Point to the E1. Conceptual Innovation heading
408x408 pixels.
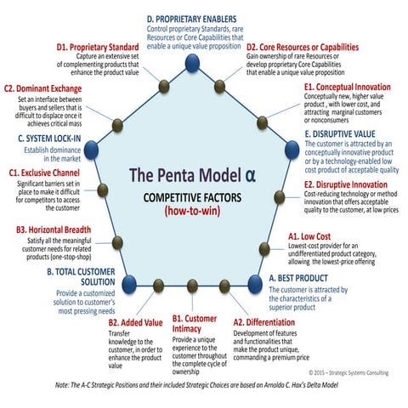(348, 87)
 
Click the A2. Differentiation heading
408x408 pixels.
(271, 322)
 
